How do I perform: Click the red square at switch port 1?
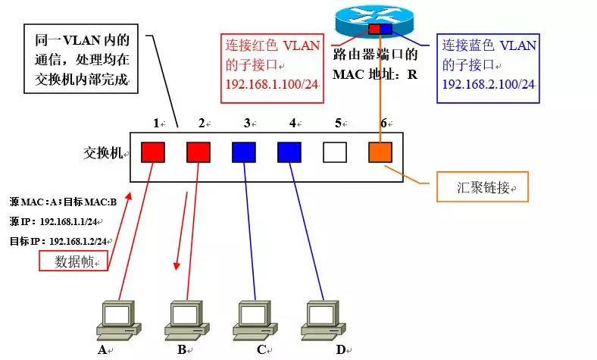[x=152, y=152]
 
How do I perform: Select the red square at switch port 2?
[x=198, y=152]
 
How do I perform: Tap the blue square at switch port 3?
[x=243, y=152]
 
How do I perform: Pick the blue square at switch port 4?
[x=289, y=152]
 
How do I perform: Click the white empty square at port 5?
[x=334, y=152]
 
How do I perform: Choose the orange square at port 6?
[x=380, y=152]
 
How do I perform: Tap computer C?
[x=255, y=318]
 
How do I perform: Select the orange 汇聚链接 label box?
[x=482, y=187]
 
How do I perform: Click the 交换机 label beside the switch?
[x=102, y=154]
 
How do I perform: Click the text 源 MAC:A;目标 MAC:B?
[x=64, y=202]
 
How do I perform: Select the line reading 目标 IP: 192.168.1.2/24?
[x=57, y=240]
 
